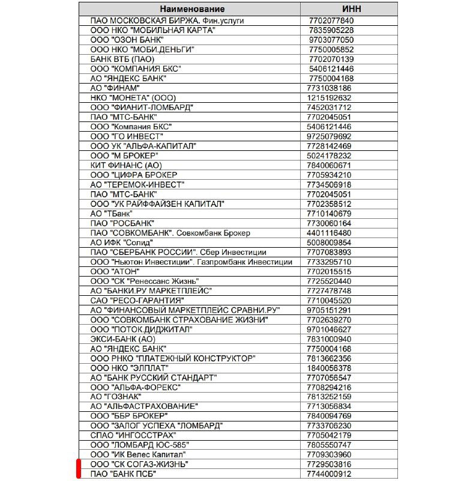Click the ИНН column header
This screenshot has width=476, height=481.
click(x=352, y=9)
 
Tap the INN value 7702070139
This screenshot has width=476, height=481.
click(x=330, y=59)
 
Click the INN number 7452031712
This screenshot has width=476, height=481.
click(x=330, y=107)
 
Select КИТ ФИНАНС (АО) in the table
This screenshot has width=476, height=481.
click(x=126, y=165)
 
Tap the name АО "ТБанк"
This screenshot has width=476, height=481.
click(x=112, y=213)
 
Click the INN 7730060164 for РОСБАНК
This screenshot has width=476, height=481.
click(x=330, y=223)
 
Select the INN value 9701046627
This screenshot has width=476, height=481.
click(x=330, y=329)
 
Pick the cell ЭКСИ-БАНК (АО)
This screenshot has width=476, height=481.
click(x=122, y=339)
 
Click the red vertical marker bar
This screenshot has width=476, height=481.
click(x=79, y=469)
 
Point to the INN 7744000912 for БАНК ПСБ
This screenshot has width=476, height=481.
click(x=330, y=474)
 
